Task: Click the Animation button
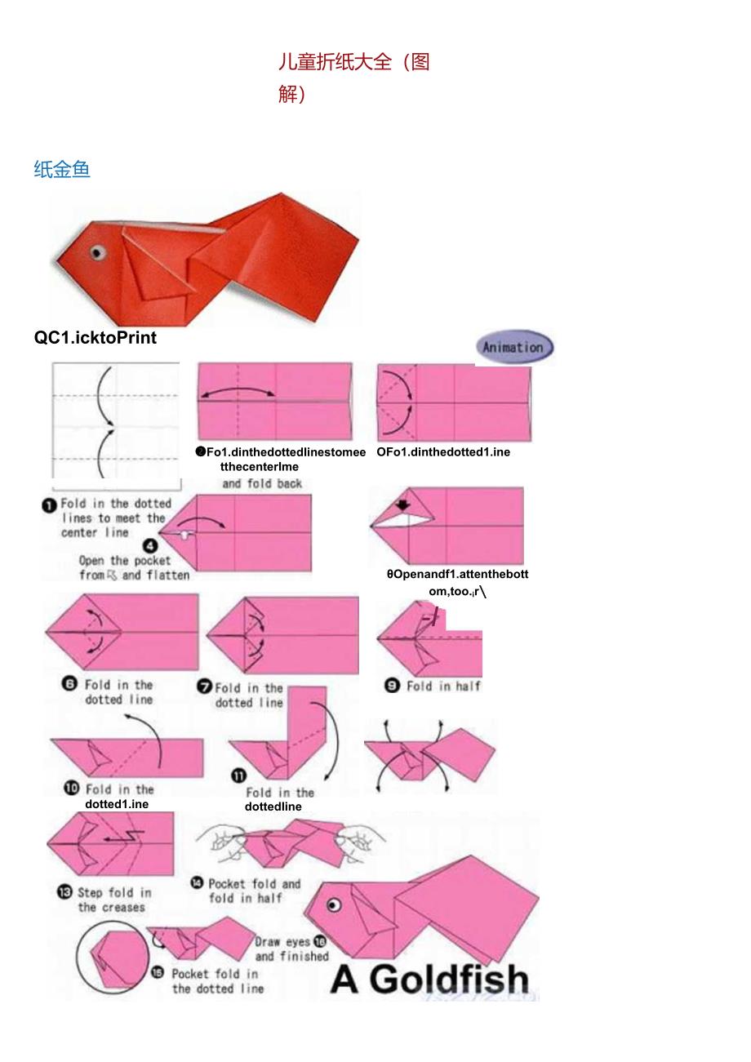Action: click(514, 347)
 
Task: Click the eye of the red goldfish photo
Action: click(98, 252)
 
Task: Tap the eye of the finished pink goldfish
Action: click(333, 904)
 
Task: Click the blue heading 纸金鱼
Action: click(62, 169)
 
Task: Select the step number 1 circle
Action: click(50, 505)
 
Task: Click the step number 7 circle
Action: click(204, 687)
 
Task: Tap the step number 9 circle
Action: click(392, 687)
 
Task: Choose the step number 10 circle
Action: click(72, 789)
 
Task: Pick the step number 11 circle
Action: click(239, 776)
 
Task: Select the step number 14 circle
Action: click(197, 882)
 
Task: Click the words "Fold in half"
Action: click(444, 687)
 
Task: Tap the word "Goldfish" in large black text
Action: click(449, 980)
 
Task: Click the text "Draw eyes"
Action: click(282, 942)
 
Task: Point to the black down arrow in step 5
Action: click(402, 505)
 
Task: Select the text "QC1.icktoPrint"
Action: click(96, 337)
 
